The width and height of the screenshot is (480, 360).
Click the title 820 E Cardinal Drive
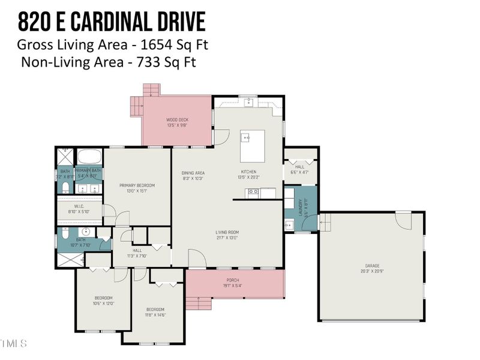click(111, 22)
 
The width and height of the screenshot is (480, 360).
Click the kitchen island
click(253, 146)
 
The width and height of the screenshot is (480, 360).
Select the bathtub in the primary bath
click(89, 157)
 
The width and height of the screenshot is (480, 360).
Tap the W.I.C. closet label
click(77, 209)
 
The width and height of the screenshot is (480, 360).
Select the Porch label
click(233, 280)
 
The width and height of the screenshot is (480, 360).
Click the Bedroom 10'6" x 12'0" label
click(103, 301)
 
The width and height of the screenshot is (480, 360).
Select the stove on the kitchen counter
click(253, 193)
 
